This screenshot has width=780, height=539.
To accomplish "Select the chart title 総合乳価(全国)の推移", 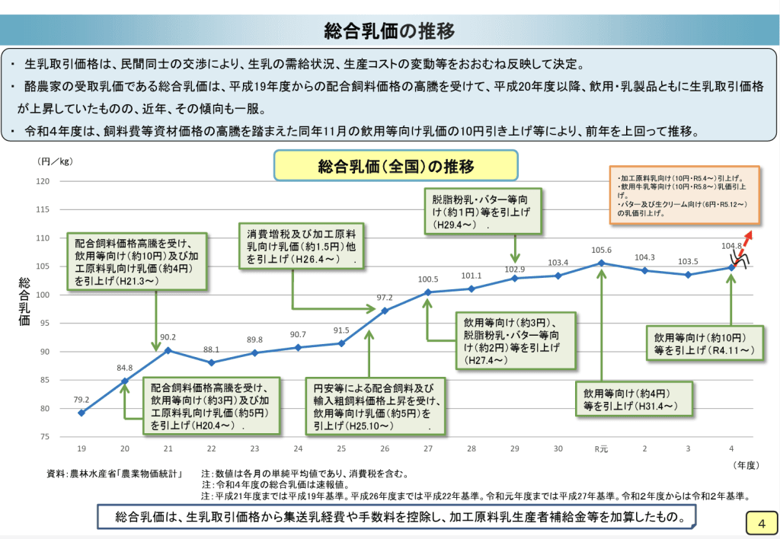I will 395,166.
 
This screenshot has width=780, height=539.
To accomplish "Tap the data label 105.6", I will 602,250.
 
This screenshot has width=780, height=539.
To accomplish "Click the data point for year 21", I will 168,350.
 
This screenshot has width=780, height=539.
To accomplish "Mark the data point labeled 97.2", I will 385,310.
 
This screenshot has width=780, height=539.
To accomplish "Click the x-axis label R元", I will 601,448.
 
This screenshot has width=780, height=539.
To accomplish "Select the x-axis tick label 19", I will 81,448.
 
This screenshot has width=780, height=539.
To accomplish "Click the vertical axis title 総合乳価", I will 24,302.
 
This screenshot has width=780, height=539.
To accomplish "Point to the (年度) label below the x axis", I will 744,464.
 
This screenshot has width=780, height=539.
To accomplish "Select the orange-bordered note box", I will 683,195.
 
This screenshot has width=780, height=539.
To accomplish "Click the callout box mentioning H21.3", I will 136,261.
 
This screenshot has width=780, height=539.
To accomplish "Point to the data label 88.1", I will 210,349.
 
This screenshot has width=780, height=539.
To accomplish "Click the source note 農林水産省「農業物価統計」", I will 113,474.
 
